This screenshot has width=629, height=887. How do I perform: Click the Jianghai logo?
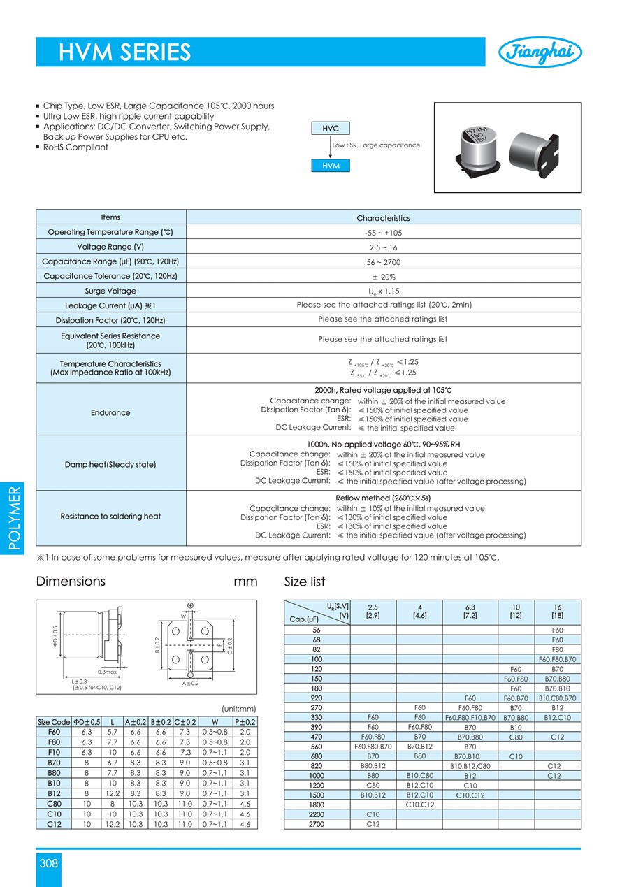(540, 52)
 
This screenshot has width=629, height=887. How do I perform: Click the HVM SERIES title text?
(124, 52)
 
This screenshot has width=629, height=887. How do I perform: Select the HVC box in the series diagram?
(331, 129)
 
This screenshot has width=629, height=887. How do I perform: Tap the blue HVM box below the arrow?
(331, 166)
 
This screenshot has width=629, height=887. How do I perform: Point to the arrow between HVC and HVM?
(331, 147)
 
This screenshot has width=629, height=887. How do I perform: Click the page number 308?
(49, 863)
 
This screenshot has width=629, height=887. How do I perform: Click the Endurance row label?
(110, 413)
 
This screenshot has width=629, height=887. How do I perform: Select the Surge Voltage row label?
(110, 291)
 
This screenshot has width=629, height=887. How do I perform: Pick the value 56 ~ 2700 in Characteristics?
(383, 262)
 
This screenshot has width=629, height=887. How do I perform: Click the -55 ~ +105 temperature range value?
(383, 233)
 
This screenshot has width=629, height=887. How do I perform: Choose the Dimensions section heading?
(71, 582)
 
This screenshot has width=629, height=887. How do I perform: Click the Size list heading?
(305, 582)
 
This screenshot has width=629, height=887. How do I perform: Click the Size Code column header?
(53, 722)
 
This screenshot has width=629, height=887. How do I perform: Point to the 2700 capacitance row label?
(317, 824)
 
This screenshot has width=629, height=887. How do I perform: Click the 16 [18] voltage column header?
(557, 612)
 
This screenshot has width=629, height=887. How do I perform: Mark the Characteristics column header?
(383, 218)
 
